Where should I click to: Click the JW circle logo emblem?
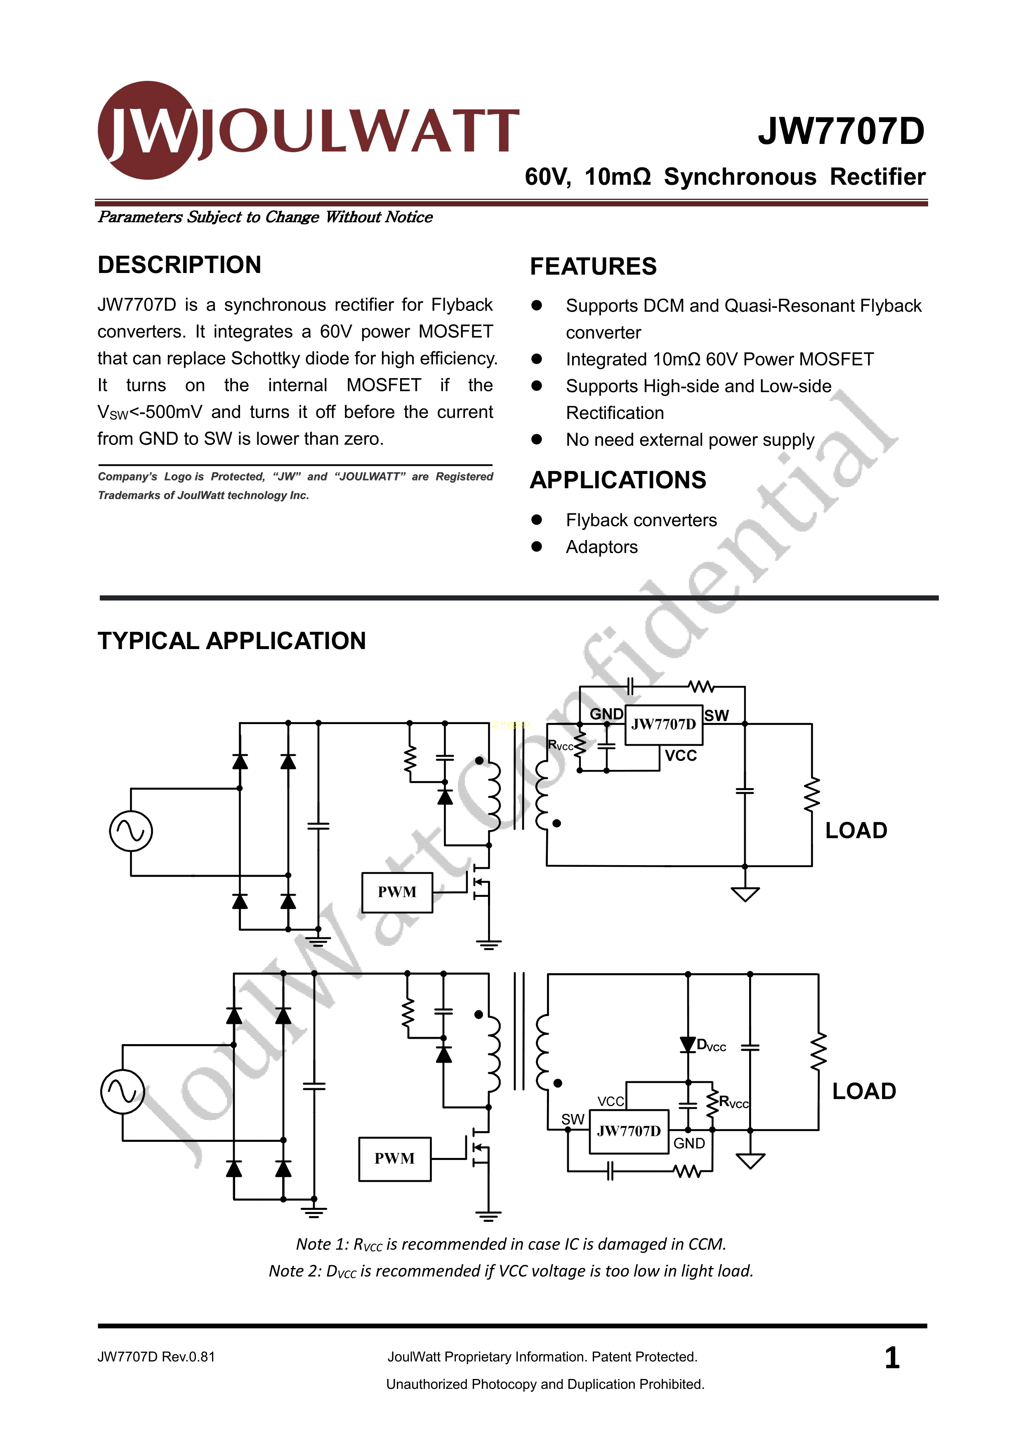pyautogui.click(x=147, y=130)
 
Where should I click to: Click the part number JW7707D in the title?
pyautogui.click(x=841, y=132)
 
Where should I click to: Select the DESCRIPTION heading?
pyautogui.click(x=179, y=265)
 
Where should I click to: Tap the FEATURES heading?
pyautogui.click(x=593, y=266)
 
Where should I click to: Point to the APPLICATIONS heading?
pyautogui.click(x=618, y=480)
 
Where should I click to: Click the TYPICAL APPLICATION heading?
pyautogui.click(x=231, y=641)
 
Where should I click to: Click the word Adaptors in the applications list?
pyautogui.click(x=601, y=547)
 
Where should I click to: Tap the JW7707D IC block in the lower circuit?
pyautogui.click(x=628, y=1131)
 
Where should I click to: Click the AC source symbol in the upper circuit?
pyautogui.click(x=131, y=831)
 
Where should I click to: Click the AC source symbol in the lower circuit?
pyautogui.click(x=123, y=1091)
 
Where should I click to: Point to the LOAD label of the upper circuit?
pyautogui.click(x=856, y=831)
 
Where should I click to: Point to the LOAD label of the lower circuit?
pyautogui.click(x=863, y=1091)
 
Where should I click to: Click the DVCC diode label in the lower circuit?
pyautogui.click(x=711, y=1045)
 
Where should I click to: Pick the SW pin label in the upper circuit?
pyautogui.click(x=716, y=715)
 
